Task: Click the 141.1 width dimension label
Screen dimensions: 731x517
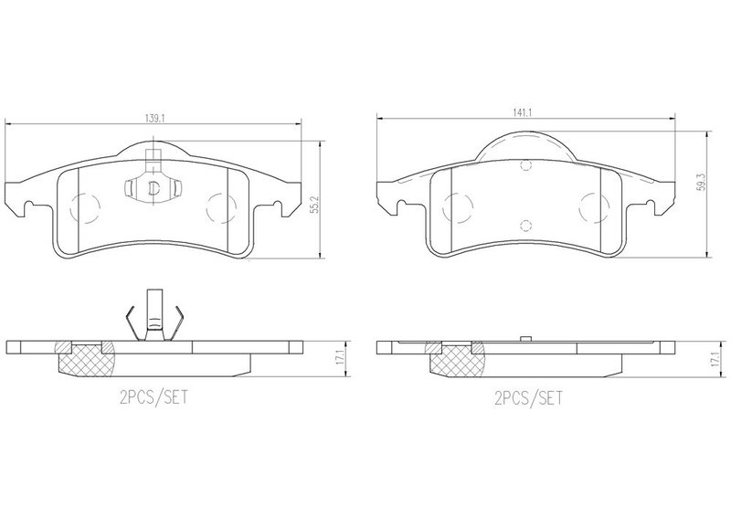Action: (x=523, y=112)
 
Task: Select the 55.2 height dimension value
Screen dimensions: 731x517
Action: (x=314, y=206)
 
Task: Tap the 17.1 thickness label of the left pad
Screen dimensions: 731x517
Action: (x=341, y=357)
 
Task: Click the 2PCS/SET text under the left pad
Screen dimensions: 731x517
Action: (x=154, y=397)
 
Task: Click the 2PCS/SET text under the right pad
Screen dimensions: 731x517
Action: (x=529, y=398)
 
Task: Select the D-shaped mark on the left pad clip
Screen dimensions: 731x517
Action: (x=154, y=188)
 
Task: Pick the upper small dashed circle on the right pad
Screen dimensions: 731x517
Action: (x=526, y=165)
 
